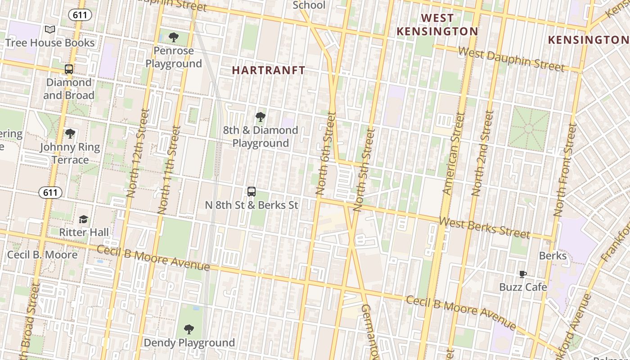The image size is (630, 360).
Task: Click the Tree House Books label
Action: (50, 43)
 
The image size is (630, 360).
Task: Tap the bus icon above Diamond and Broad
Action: (69, 69)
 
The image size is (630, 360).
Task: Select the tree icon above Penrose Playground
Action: (174, 37)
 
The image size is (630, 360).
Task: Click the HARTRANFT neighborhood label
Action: (269, 70)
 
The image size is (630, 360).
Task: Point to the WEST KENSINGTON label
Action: (437, 25)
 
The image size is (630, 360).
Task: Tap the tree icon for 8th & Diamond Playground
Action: (260, 117)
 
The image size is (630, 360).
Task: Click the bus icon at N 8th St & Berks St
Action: (252, 192)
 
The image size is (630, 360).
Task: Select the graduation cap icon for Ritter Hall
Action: (84, 219)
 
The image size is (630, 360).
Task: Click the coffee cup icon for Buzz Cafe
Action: (522, 274)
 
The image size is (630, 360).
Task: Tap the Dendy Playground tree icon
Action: (189, 329)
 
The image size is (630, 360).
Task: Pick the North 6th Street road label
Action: (326, 153)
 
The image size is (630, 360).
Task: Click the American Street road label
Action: (454, 153)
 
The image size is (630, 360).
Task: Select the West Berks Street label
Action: (484, 228)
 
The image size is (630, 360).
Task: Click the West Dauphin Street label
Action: (511, 59)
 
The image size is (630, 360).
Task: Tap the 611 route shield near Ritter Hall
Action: (50, 193)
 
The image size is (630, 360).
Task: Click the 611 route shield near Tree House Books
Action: (80, 15)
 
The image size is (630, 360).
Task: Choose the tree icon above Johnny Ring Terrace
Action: (70, 134)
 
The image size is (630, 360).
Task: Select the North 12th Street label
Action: (137, 153)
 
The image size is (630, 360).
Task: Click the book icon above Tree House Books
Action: (50, 30)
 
